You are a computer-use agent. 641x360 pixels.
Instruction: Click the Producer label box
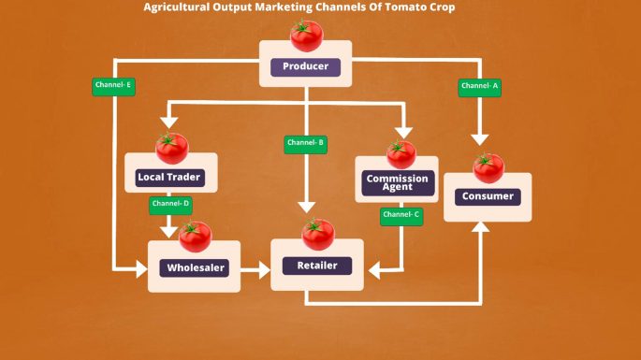(x=305, y=66)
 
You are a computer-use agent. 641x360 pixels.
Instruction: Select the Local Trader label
(x=169, y=177)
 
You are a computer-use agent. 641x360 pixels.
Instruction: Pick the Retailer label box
(x=316, y=266)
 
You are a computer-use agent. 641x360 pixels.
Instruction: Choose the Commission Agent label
(x=397, y=182)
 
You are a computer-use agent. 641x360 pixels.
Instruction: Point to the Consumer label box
(x=488, y=196)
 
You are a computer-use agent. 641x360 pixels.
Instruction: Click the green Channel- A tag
(x=480, y=86)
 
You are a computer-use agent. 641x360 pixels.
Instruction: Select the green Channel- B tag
(x=305, y=143)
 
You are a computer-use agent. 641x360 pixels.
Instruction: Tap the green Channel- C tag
(x=402, y=215)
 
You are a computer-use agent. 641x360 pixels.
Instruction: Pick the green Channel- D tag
(x=170, y=203)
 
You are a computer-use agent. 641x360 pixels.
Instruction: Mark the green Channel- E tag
(x=113, y=85)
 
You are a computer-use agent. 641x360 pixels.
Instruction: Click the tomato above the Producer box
(x=305, y=36)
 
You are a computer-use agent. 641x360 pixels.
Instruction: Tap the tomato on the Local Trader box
(x=171, y=148)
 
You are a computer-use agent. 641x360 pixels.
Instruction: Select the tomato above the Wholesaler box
(x=195, y=237)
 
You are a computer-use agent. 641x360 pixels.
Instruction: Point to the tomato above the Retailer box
(x=317, y=235)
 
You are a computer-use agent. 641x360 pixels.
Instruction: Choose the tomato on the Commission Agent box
(x=401, y=154)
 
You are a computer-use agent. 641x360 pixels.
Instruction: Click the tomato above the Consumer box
(x=488, y=168)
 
